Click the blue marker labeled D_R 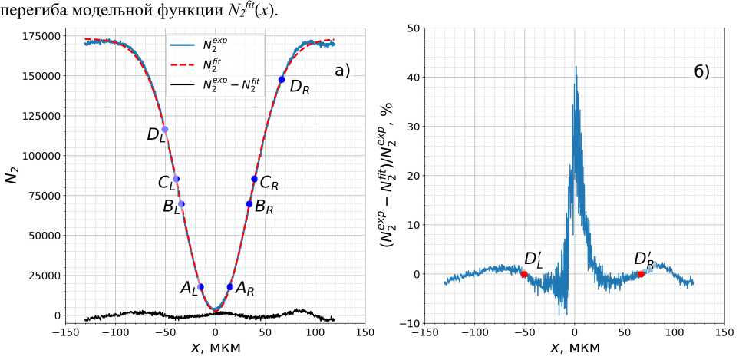282,80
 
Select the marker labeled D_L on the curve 164,129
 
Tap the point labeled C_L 176,179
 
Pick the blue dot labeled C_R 255,179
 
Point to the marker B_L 181,204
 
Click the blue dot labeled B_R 249,204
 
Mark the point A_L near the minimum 201,287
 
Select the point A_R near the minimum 230,287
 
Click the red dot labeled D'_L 524,274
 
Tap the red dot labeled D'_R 641,274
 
